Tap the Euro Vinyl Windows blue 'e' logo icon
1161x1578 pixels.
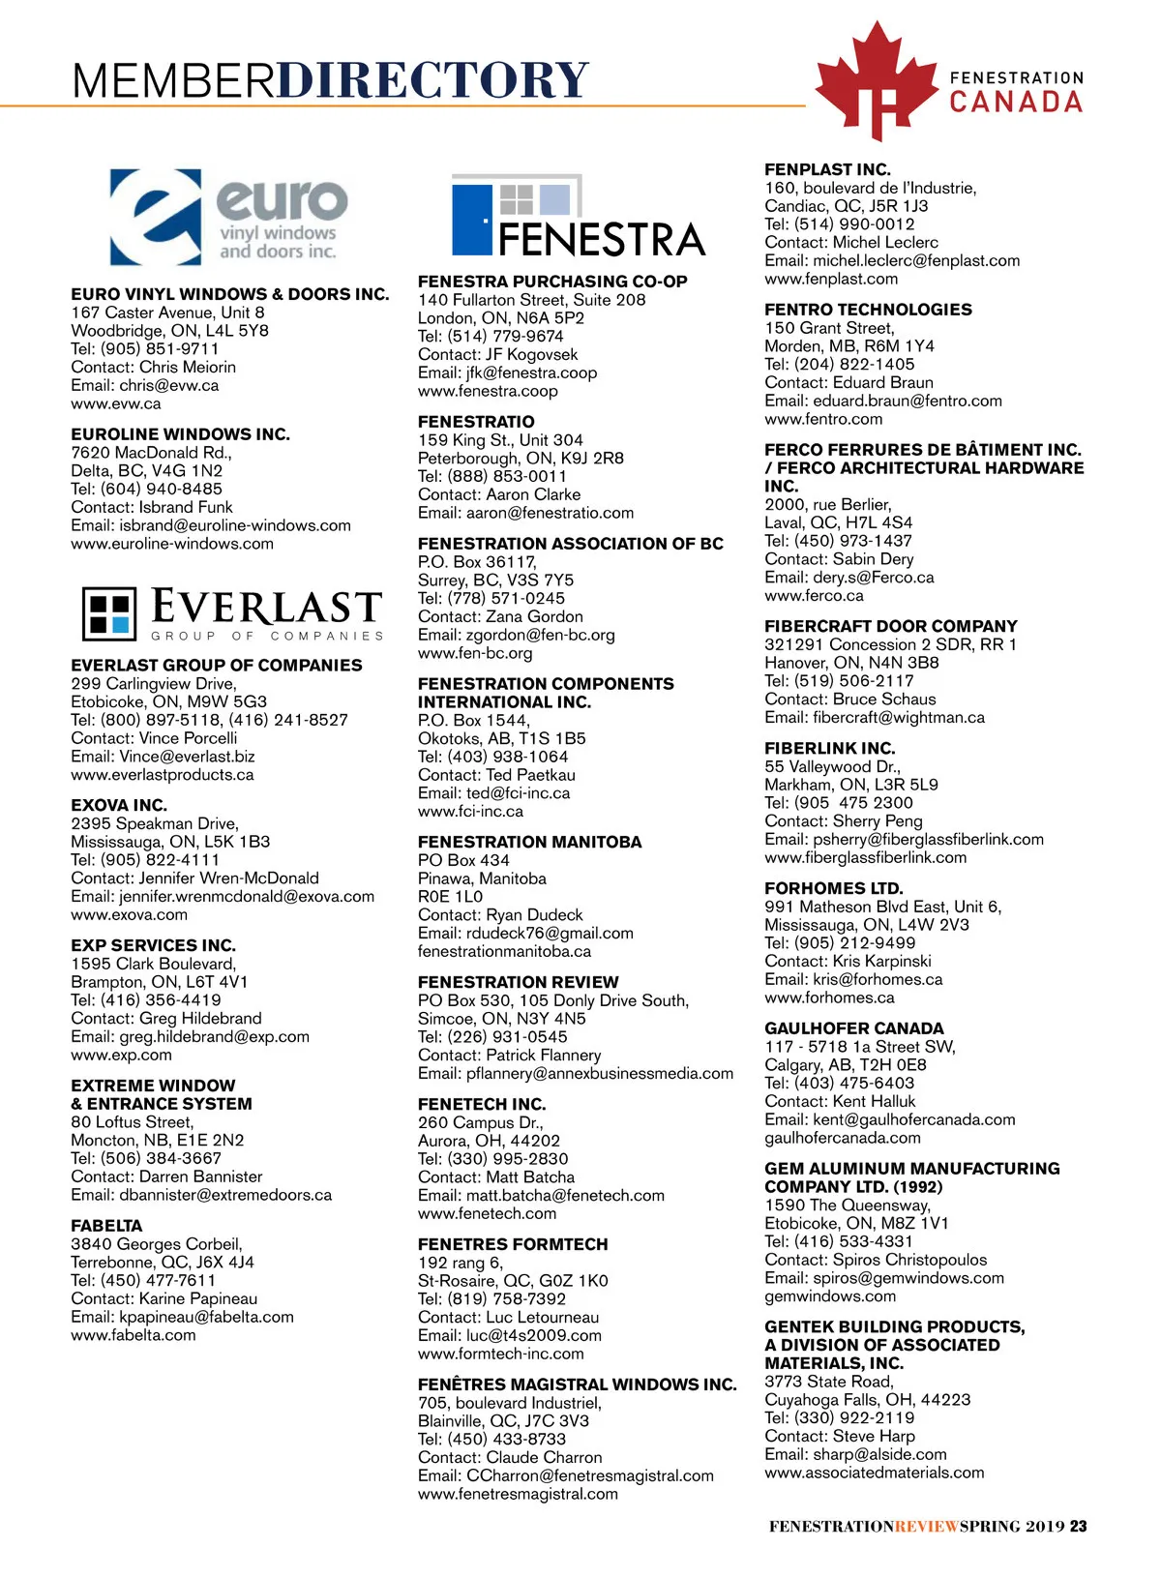(x=156, y=217)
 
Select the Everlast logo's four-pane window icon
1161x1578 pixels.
(x=109, y=613)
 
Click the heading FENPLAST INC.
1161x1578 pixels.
(x=827, y=169)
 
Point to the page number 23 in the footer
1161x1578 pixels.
(x=1078, y=1526)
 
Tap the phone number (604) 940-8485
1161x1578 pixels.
(x=161, y=489)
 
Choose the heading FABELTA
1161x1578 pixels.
(x=106, y=1225)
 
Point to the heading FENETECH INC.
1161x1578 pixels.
(x=482, y=1104)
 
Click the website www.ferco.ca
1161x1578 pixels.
(x=814, y=595)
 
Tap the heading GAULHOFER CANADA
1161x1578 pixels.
(x=853, y=1028)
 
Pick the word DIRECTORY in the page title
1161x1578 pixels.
(x=432, y=79)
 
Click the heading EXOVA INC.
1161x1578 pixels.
(x=119, y=805)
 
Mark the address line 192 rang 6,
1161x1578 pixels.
(x=461, y=1263)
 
